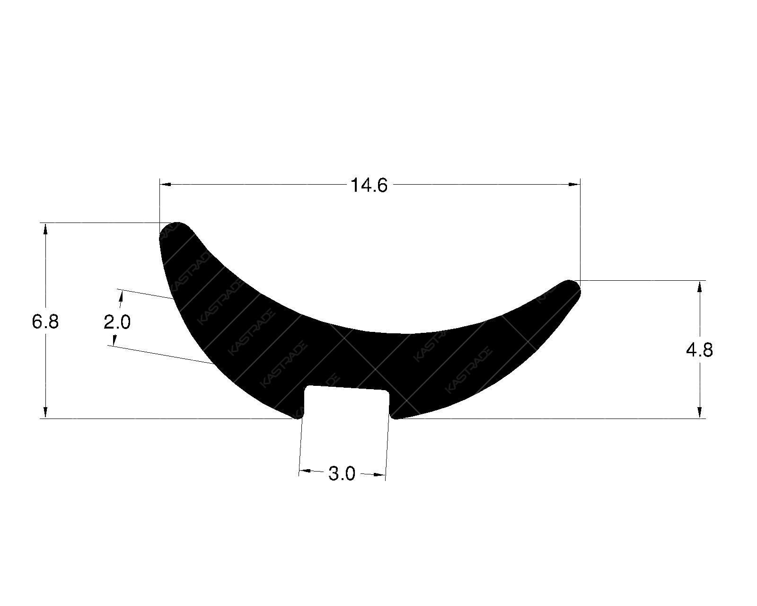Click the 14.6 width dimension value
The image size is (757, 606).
click(369, 185)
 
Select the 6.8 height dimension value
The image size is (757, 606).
click(45, 322)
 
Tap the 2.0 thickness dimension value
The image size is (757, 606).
click(117, 322)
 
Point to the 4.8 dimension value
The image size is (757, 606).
click(699, 350)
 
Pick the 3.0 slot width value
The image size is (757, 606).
click(342, 473)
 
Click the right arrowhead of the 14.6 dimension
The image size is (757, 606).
click(574, 184)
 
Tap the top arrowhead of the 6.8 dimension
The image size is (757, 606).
click(45, 229)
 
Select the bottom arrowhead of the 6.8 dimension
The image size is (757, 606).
click(45, 412)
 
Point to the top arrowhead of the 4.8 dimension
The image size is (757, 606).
click(700, 286)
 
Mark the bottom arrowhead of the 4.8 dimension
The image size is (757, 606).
click(700, 412)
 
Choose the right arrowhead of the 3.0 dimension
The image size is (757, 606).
click(379, 474)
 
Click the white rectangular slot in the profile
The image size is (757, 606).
click(346, 402)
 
